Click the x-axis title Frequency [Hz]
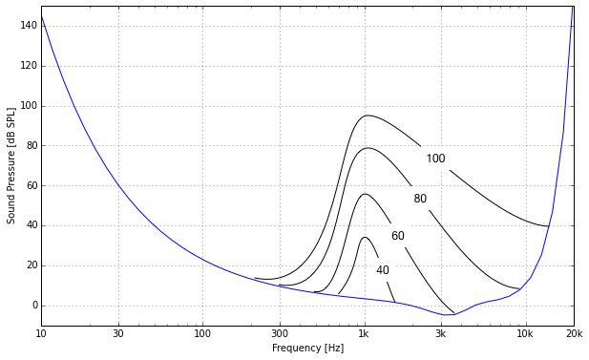pos(307,349)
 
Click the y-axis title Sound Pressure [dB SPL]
pos(11,165)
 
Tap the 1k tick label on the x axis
pos(364,334)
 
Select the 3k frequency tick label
pos(440,334)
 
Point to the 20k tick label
pos(573,334)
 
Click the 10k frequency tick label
pos(524,334)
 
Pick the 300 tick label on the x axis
pos(279,334)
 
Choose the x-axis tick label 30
pos(118,334)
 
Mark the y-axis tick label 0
pos(32,306)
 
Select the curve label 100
pos(435,159)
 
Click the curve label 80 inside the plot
pos(420,199)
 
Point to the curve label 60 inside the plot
pos(397,236)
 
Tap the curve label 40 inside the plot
pos(382,270)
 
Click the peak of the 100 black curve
pos(367,116)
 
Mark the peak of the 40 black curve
pos(364,237)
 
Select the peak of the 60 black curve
pos(365,194)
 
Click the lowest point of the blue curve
pos(449,314)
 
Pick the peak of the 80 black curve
pos(367,148)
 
